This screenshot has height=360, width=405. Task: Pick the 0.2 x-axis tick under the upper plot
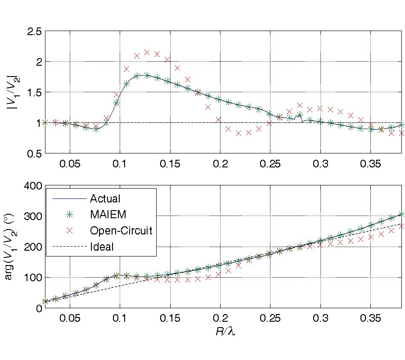(x=220, y=162)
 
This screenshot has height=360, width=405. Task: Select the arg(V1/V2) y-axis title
(x=9, y=247)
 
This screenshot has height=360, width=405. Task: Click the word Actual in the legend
(x=105, y=198)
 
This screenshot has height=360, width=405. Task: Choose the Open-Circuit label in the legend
(x=121, y=230)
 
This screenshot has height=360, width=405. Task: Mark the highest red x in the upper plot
(x=147, y=52)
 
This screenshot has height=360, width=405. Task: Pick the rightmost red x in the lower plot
(x=401, y=226)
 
